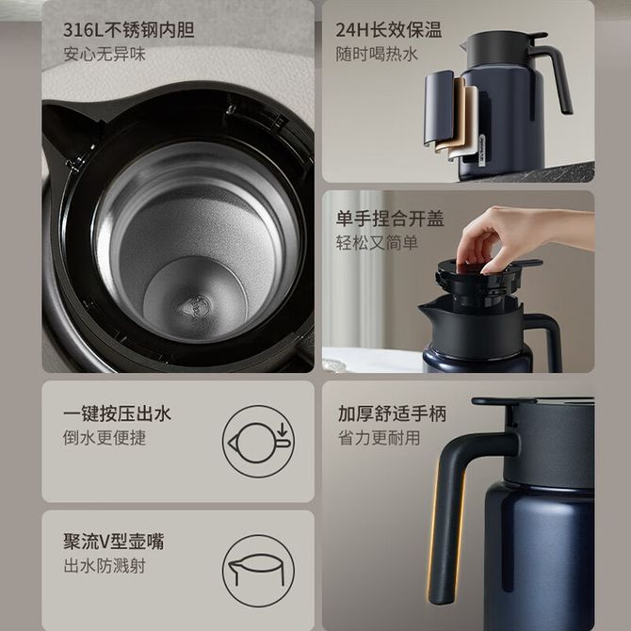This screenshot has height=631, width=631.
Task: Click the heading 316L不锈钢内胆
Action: (129, 30)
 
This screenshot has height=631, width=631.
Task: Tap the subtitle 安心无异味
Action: (105, 55)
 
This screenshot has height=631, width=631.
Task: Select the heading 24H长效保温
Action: (389, 30)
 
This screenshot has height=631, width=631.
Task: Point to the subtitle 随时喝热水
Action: (377, 55)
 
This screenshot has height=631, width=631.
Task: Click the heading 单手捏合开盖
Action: (390, 218)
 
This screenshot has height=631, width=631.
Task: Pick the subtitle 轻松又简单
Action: (377, 243)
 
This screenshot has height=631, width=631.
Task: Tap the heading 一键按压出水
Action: (117, 414)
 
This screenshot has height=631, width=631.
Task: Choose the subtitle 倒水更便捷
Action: (105, 438)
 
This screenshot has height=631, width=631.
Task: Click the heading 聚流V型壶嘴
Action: (113, 542)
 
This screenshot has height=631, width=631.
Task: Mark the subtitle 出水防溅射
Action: (105, 566)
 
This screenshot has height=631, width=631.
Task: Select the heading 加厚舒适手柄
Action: (392, 414)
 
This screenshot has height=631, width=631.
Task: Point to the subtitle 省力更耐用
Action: (380, 438)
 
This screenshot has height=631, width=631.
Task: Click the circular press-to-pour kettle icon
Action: (258, 442)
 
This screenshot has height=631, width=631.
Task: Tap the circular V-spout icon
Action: (258, 571)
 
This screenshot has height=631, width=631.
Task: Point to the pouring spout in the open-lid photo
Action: (429, 310)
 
